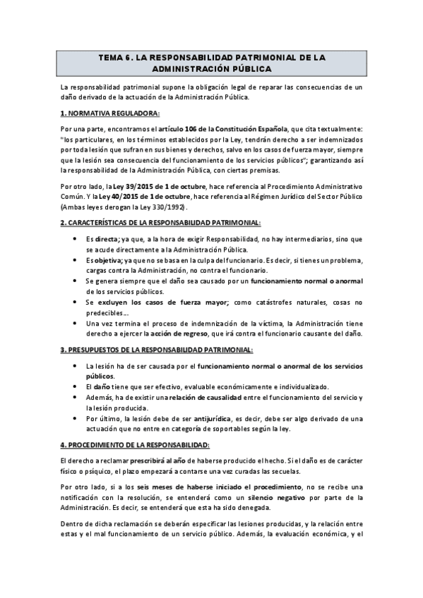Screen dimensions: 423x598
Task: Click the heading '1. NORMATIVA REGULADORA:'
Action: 109,113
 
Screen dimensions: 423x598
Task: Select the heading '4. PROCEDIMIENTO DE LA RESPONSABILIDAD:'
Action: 135,445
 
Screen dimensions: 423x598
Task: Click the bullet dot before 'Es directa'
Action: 76,239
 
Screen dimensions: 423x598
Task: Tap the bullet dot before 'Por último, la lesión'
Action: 76,418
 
